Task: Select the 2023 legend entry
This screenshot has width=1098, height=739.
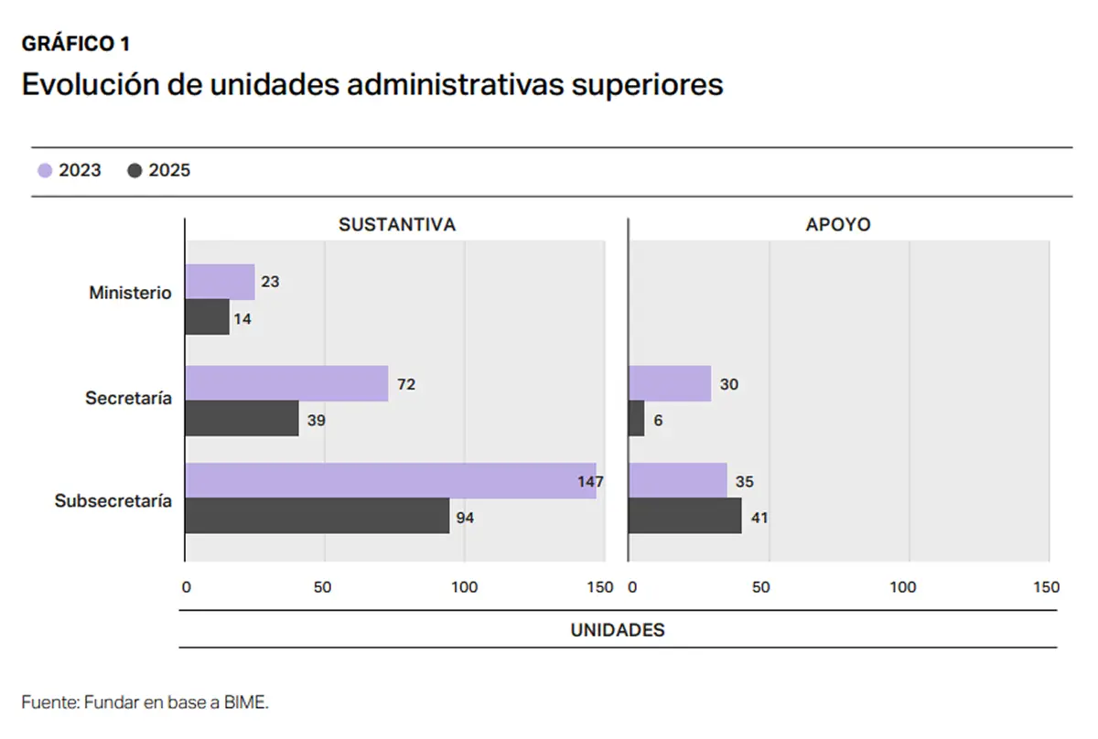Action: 70,170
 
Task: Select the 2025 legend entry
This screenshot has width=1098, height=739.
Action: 159,170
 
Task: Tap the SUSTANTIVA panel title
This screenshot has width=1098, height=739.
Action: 396,225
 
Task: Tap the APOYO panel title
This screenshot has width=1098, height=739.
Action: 838,225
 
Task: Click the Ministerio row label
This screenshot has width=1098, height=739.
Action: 130,294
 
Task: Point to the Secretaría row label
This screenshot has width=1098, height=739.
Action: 128,399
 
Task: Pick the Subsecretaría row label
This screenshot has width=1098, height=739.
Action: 113,501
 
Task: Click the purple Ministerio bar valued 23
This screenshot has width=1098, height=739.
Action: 220,283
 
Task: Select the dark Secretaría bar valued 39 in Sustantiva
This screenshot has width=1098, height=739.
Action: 242,419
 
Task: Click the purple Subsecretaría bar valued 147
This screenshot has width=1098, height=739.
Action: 390,481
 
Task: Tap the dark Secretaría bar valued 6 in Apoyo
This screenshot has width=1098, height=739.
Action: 637,419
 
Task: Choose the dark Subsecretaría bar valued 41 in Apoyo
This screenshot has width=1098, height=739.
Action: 685,517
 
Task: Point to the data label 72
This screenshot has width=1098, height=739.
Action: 406,385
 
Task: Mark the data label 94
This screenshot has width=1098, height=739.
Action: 466,519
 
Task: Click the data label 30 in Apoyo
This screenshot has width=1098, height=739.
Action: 728,385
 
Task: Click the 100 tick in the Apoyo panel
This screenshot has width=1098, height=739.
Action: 904,587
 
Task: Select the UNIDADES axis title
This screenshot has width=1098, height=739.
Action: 618,630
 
